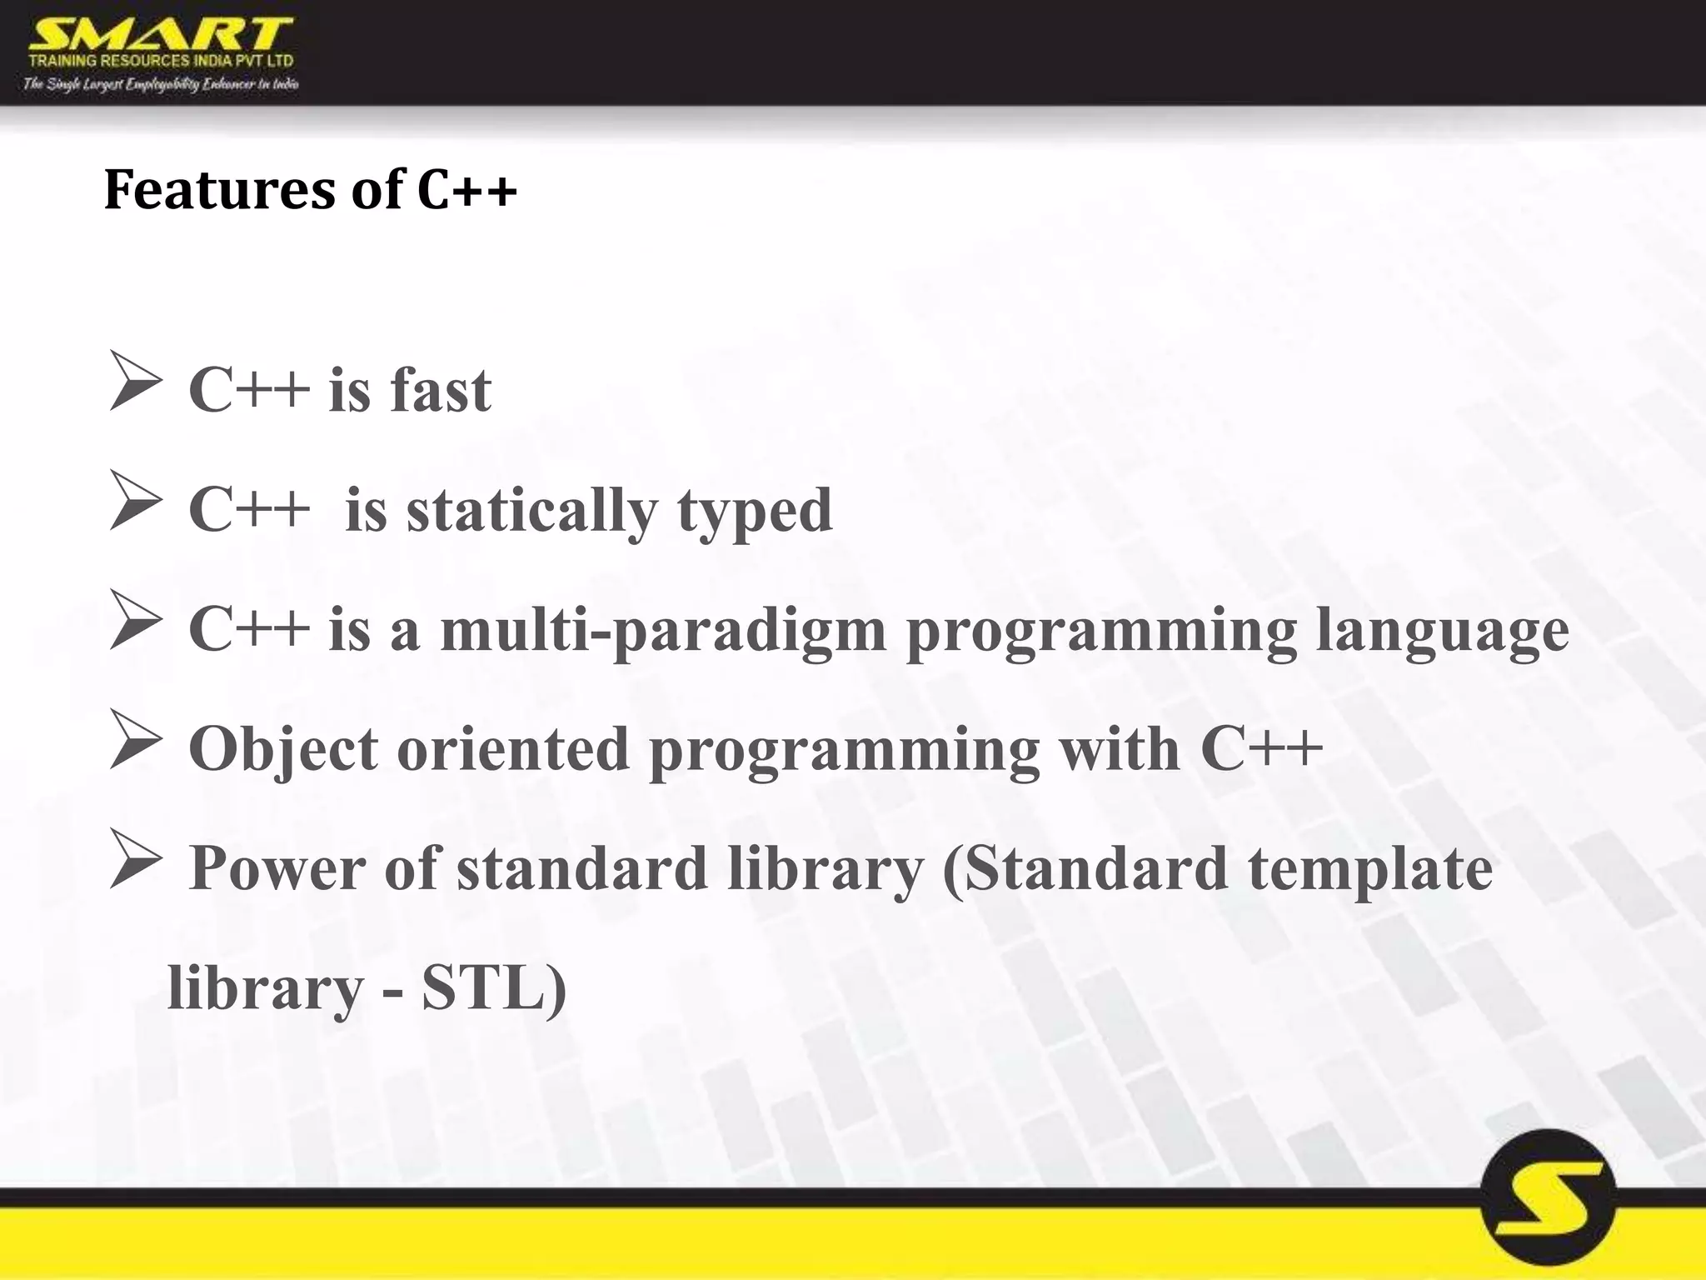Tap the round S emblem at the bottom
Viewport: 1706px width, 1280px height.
(x=1549, y=1208)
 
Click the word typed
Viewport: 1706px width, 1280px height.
(x=755, y=510)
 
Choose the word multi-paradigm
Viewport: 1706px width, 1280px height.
(x=663, y=630)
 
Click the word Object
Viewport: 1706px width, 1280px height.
(x=283, y=749)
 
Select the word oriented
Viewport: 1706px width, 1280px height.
(x=513, y=749)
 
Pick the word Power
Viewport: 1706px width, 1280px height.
(x=277, y=868)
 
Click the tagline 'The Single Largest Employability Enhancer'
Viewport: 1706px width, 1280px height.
(x=161, y=83)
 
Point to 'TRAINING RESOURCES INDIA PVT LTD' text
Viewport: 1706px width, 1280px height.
(x=161, y=61)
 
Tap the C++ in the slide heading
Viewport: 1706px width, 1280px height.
(x=466, y=189)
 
